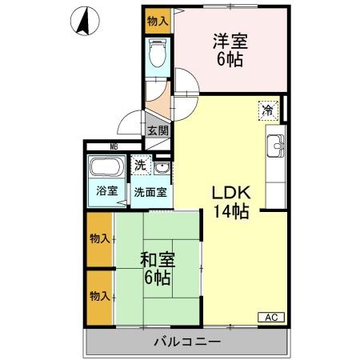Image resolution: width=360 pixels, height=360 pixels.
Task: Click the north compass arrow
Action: click(x=84, y=21)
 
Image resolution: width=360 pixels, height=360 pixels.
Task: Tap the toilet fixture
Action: click(x=157, y=55)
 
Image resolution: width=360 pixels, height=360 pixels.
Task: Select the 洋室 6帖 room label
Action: click(x=228, y=50)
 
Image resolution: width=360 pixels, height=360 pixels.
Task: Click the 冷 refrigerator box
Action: click(x=269, y=113)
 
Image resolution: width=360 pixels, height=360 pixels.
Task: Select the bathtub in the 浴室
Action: click(x=104, y=170)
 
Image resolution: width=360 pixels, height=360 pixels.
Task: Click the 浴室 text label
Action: click(x=107, y=191)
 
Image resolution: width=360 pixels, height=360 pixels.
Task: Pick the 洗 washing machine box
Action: click(x=141, y=167)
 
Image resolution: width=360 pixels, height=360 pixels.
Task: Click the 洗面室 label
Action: click(x=150, y=192)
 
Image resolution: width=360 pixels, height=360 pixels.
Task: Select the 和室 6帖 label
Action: click(x=156, y=270)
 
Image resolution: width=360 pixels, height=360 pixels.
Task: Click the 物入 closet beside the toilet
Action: click(x=158, y=21)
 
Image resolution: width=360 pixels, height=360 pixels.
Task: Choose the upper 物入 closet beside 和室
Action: click(x=100, y=240)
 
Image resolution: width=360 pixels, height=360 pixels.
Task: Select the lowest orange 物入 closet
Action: click(x=100, y=297)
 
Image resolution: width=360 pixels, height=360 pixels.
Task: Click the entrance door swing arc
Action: click(x=128, y=122)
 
